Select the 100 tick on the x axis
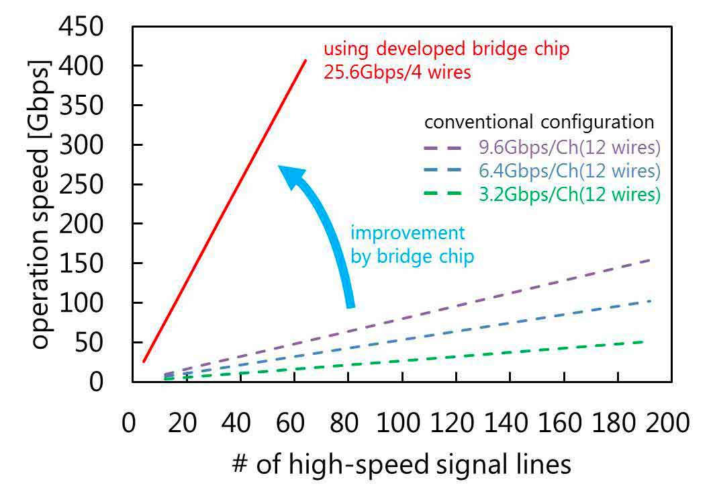coord(401,424)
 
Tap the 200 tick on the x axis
coord(669,424)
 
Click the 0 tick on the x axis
coord(129,424)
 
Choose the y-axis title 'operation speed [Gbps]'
coord(40,205)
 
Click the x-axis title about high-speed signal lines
coord(401,464)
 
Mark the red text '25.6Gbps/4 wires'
coord(397,72)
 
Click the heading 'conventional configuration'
coord(539,122)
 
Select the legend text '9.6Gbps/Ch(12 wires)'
coord(569,147)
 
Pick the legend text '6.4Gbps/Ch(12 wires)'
coord(569,171)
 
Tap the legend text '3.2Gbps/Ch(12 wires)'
coord(569,194)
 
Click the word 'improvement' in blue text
coord(408,233)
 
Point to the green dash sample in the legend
coord(441,194)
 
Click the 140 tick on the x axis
coord(509,424)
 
